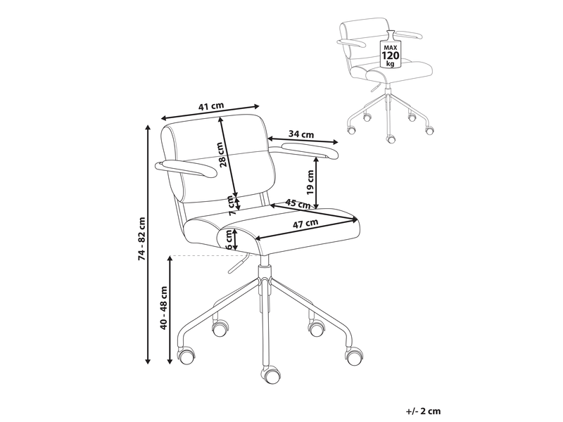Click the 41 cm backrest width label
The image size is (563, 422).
tap(211, 106)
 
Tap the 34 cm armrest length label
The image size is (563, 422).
tap(301, 134)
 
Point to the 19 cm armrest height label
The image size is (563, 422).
tap(310, 181)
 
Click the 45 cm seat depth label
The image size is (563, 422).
tap(298, 203)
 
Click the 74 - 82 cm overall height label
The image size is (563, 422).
tap(142, 238)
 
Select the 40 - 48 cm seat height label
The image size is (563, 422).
tap(164, 308)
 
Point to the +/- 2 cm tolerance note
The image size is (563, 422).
tap(424, 411)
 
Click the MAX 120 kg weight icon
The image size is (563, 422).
tap(391, 49)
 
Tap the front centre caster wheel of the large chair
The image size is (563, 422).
tap(270, 374)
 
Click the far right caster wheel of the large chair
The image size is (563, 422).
tap(355, 356)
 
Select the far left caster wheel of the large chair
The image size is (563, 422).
tap(186, 356)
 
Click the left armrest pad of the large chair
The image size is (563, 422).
tap(185, 169)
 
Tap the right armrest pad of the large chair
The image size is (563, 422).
tap(310, 151)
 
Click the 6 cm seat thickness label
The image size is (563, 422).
tap(228, 239)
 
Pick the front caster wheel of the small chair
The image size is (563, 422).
tap(391, 139)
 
